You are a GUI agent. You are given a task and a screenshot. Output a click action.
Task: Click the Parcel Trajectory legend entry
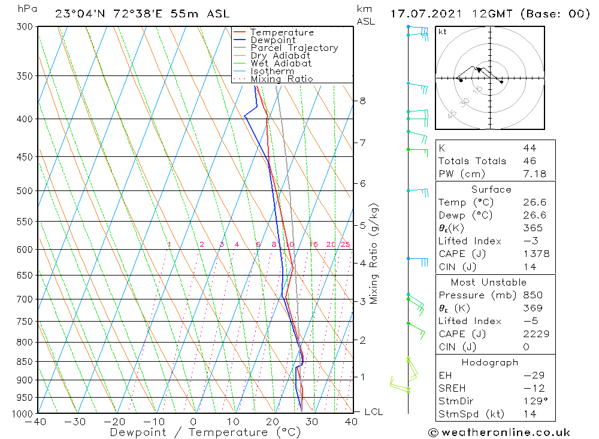pyautogui.click(x=294, y=48)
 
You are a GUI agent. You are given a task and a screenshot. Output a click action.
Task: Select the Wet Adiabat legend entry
pyautogui.click(x=280, y=63)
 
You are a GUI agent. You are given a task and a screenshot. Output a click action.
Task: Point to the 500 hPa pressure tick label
pyautogui.click(x=25, y=191)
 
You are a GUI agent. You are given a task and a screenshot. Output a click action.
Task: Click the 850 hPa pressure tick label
pyautogui.click(x=25, y=362)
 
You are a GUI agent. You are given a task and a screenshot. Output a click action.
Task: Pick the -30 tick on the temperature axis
pyautogui.click(x=75, y=422)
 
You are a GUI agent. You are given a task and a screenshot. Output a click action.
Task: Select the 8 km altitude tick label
pyautogui.click(x=362, y=101)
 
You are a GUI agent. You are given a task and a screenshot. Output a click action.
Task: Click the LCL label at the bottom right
pyautogui.click(x=373, y=412)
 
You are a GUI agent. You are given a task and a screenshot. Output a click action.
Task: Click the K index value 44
pyautogui.click(x=529, y=148)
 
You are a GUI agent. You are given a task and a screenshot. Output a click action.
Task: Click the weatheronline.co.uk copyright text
pyautogui.click(x=499, y=432)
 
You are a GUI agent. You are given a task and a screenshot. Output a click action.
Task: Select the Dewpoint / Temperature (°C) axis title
pyautogui.click(x=205, y=432)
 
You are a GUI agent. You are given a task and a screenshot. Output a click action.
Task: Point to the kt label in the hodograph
pyautogui.click(x=443, y=32)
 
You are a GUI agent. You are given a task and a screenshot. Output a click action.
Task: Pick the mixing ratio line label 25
pyautogui.click(x=345, y=244)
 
